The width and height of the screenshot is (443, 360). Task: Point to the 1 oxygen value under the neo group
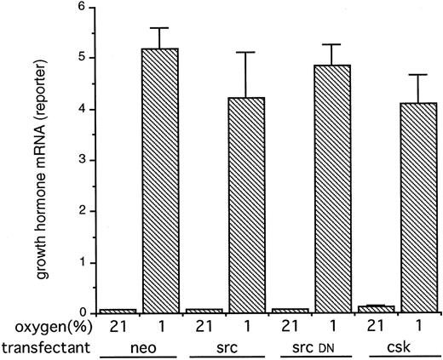(x=162, y=328)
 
